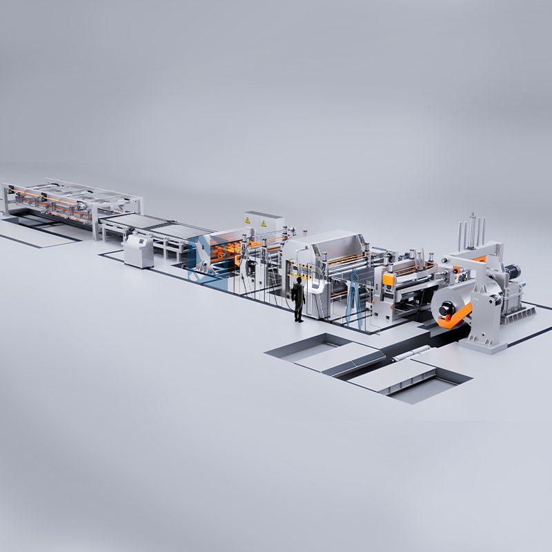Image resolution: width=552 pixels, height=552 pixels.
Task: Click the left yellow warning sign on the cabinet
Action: pyautogui.click(x=247, y=220)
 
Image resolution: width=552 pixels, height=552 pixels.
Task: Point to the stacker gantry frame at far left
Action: pyautogui.click(x=69, y=200)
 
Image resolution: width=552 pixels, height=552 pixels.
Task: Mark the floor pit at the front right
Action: pyautogui.click(x=414, y=383)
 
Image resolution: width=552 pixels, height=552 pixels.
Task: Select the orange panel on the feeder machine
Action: pyautogui.click(x=389, y=279)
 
